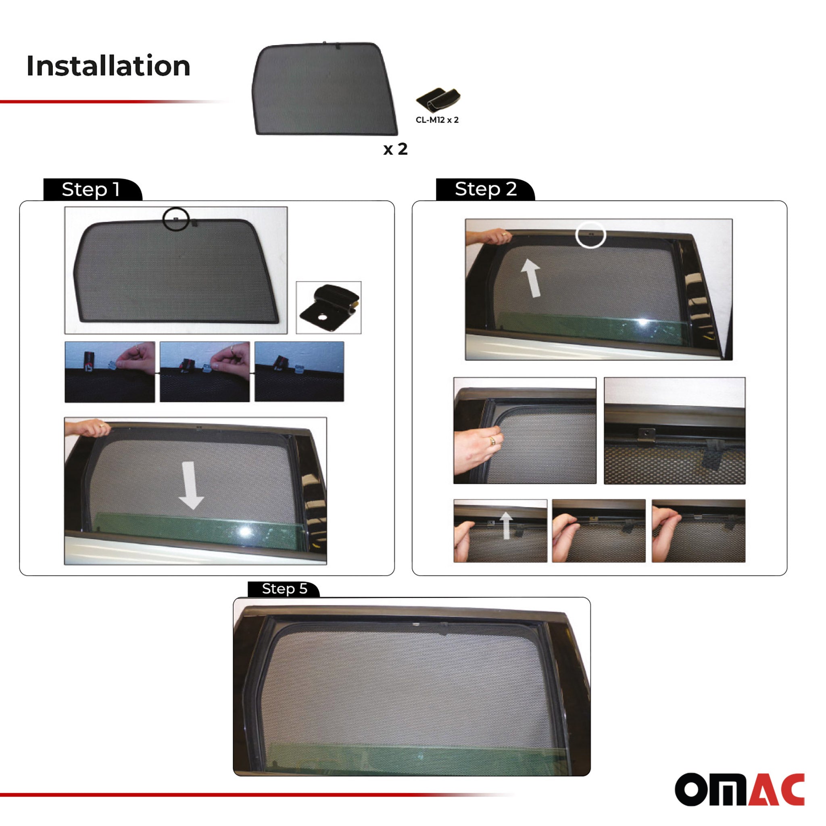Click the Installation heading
click(108, 66)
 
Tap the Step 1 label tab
click(92, 190)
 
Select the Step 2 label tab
click(485, 190)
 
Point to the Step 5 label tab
click(284, 589)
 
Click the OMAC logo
click(740, 789)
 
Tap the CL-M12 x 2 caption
click(437, 120)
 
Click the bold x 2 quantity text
click(396, 149)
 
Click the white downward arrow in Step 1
click(190, 485)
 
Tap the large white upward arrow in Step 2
click(531, 278)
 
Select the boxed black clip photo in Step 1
click(328, 307)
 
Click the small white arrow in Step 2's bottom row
click(506, 526)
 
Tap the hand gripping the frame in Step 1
click(88, 428)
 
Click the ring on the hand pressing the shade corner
click(492, 441)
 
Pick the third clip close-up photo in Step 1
click(299, 371)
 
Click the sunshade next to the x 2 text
click(325, 89)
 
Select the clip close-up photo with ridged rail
click(675, 430)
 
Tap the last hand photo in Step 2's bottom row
click(699, 531)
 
